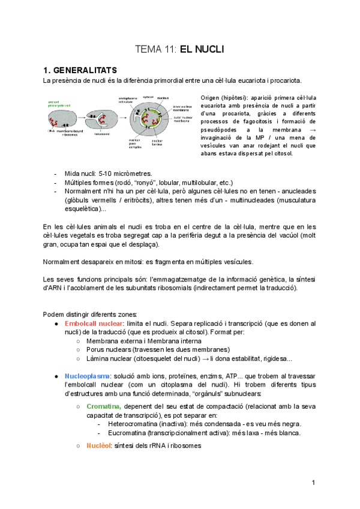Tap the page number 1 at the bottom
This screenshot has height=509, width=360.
coord(313,482)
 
